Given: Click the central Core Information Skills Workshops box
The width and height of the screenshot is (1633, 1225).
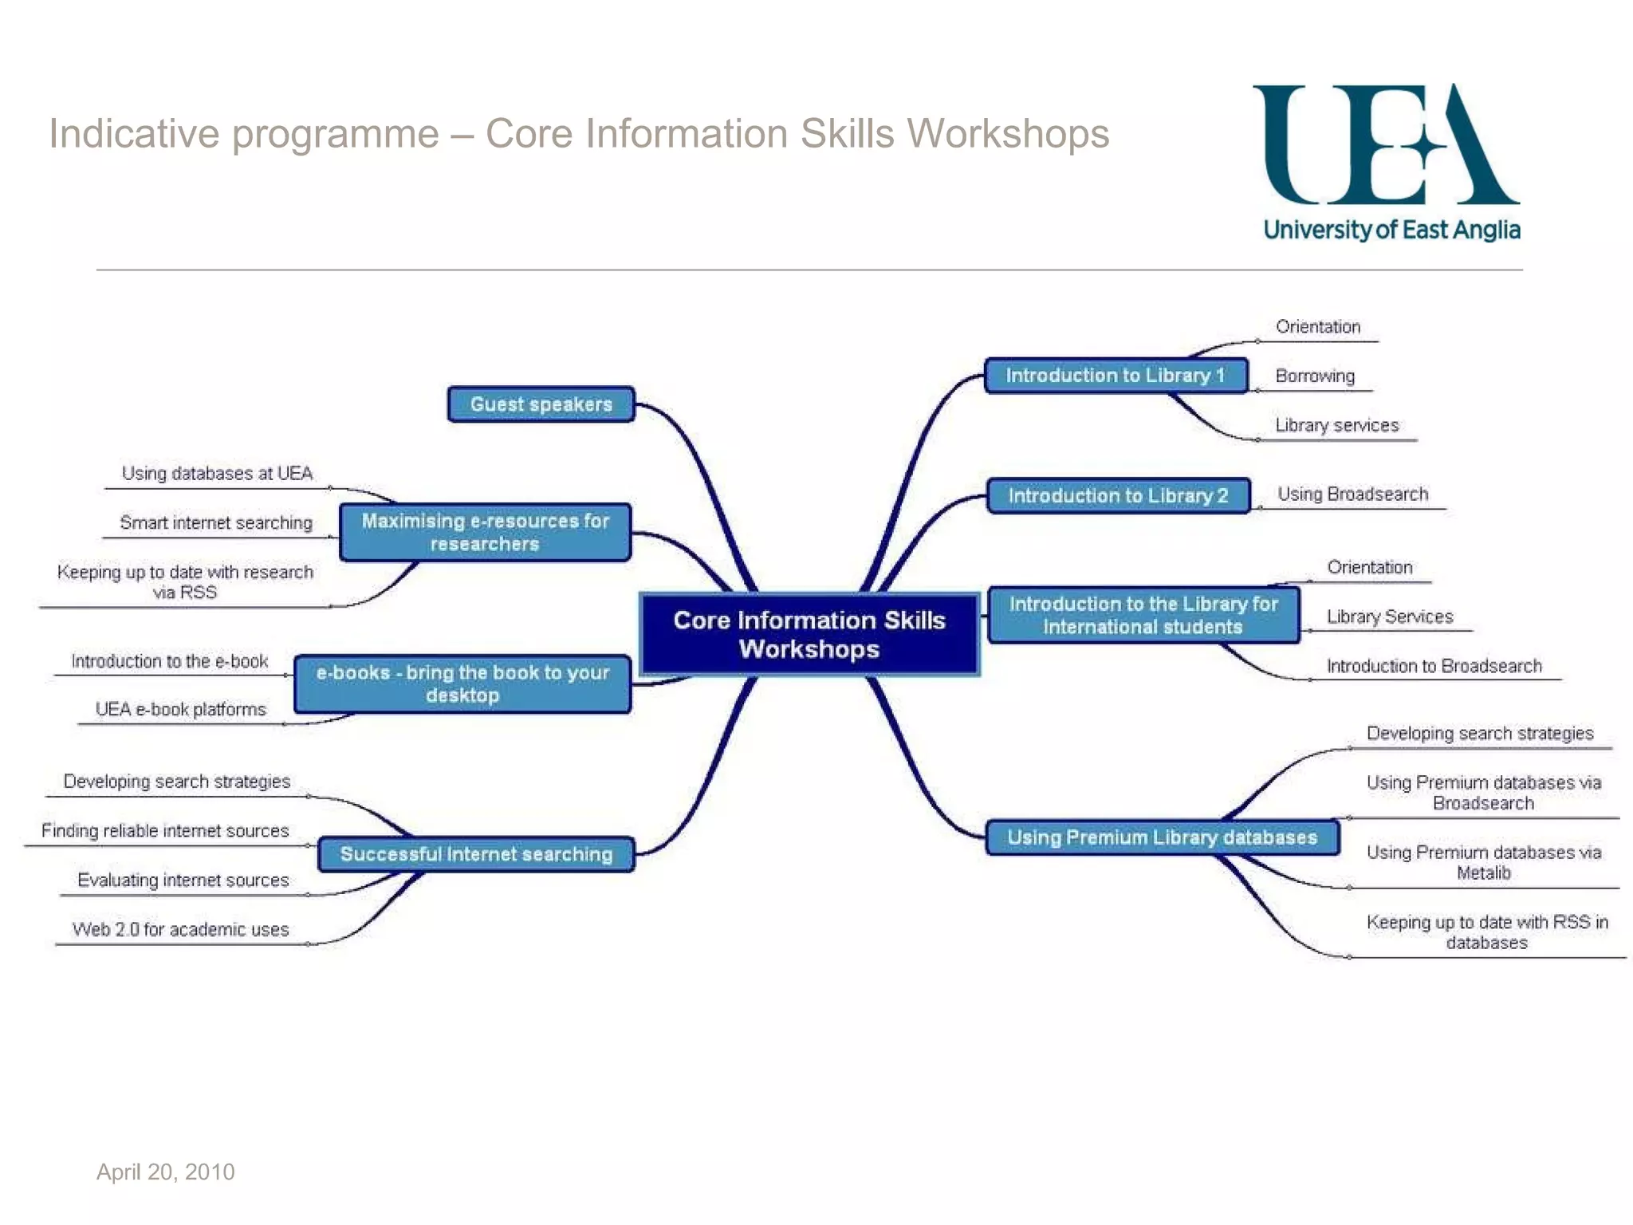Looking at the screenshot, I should click(x=809, y=634).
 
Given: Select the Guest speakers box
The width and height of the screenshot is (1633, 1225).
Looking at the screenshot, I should click(x=541, y=404).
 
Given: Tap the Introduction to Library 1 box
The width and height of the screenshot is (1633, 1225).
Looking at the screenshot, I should click(x=1115, y=376).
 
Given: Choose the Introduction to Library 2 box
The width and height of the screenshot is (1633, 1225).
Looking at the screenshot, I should click(x=1118, y=495).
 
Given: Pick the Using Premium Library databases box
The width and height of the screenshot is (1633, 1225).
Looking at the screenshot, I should click(x=1162, y=837).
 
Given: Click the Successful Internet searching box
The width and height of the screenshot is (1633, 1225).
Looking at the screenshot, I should click(x=476, y=854).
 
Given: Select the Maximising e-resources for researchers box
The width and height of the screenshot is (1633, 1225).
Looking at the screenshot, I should click(x=485, y=532).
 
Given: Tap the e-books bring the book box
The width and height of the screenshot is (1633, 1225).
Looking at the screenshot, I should click(x=462, y=683).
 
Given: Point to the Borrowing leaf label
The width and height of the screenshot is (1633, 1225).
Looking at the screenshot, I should click(x=1315, y=376).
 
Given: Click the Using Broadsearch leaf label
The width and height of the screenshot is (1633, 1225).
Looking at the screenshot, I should click(x=1352, y=494).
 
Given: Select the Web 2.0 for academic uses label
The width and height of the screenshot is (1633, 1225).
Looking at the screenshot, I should click(x=180, y=929).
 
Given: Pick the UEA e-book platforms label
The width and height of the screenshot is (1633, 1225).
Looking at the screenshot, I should click(x=180, y=709).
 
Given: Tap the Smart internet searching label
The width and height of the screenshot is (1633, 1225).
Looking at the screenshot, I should click(x=215, y=522).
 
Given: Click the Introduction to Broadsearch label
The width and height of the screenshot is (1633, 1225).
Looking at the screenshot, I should click(x=1434, y=666).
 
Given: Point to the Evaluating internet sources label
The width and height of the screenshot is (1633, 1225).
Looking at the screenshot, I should click(x=183, y=880).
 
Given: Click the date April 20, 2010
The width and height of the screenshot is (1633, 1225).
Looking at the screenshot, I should click(x=165, y=1172).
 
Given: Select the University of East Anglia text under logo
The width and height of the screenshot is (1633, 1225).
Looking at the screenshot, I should click(x=1391, y=230).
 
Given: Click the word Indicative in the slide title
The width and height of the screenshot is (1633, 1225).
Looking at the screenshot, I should click(x=133, y=133).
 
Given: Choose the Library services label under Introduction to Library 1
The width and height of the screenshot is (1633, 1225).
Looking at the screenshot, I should click(x=1336, y=425).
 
